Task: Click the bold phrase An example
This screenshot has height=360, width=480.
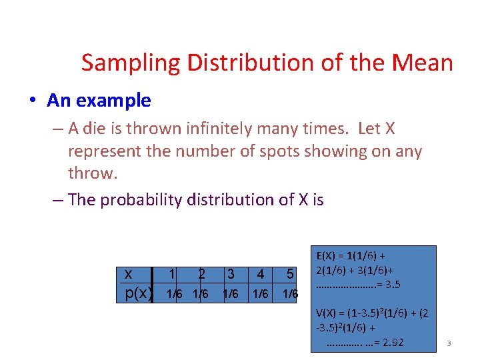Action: point(99,101)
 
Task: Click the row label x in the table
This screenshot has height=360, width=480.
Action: point(128,273)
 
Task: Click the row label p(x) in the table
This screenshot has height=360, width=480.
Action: point(139,293)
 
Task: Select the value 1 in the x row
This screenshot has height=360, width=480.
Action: point(172,273)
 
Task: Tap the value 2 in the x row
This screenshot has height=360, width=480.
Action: point(201,273)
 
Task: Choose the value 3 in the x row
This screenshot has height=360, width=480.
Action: point(231,273)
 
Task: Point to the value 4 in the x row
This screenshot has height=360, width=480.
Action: point(260,273)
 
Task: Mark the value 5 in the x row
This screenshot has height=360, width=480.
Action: point(290,273)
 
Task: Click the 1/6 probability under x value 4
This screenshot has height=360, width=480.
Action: point(260,293)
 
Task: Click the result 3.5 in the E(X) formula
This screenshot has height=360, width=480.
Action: point(393,285)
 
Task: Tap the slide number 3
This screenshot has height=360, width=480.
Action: point(449,343)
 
